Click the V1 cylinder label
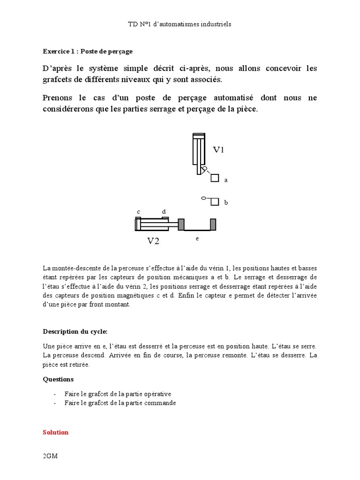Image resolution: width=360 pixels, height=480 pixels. pos(219,150)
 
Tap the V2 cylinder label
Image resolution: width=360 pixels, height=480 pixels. pos(154,241)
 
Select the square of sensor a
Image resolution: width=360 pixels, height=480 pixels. pos(215,178)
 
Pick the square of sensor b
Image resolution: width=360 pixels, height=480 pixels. pos(215,202)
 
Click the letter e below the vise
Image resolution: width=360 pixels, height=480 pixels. pos(197,239)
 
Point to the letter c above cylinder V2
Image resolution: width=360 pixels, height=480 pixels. pos(138,212)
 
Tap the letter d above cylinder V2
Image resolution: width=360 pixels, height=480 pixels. pos(164,212)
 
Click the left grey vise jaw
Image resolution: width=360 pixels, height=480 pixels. pos(181,225)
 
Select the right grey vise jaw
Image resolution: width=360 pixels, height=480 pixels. pos(213,225)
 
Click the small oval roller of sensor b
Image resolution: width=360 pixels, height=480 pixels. pos(204,198)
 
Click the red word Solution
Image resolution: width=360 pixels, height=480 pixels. pos(56,432)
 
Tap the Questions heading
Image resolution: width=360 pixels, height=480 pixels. pos(58,379)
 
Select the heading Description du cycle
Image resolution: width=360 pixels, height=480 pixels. pos(75,331)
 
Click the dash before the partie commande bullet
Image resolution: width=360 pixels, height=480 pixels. pos(55,403)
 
